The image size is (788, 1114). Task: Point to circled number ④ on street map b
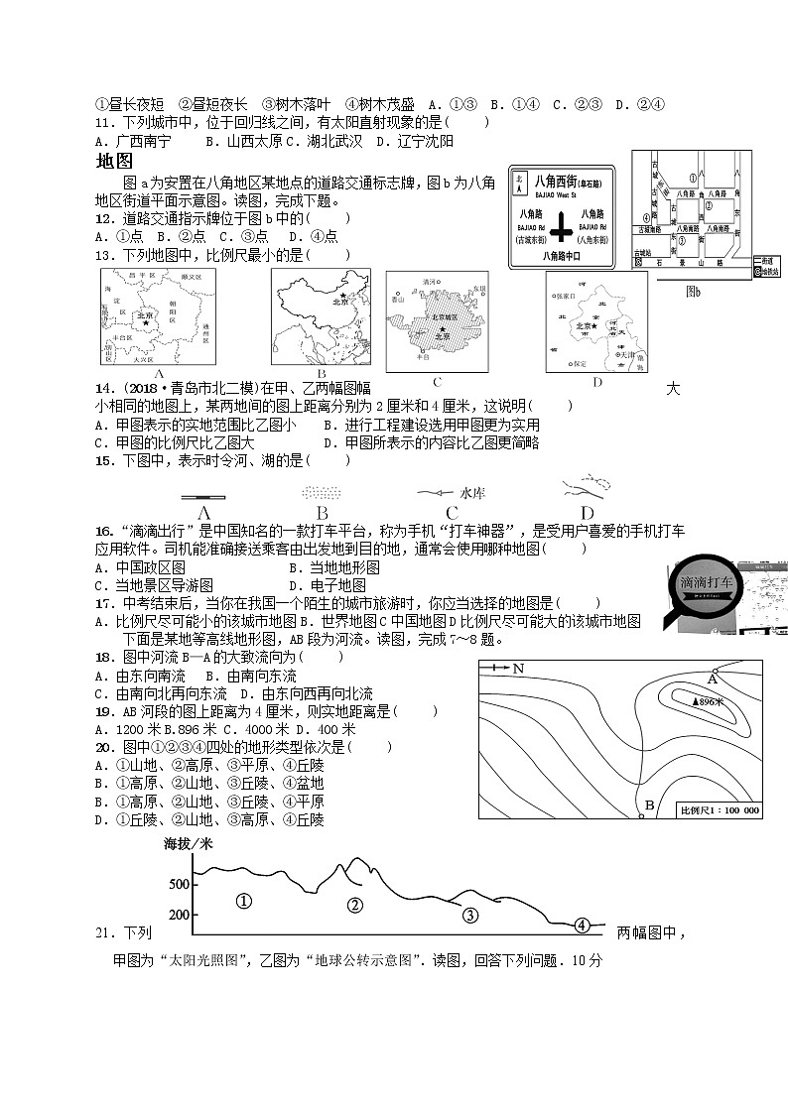point(646,217)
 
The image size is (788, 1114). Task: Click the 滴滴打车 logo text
point(707,582)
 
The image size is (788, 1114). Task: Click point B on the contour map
point(649,805)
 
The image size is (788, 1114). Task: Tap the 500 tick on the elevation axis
point(179,884)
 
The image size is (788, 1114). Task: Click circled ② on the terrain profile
point(354,905)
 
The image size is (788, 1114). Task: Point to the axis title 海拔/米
point(188,844)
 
